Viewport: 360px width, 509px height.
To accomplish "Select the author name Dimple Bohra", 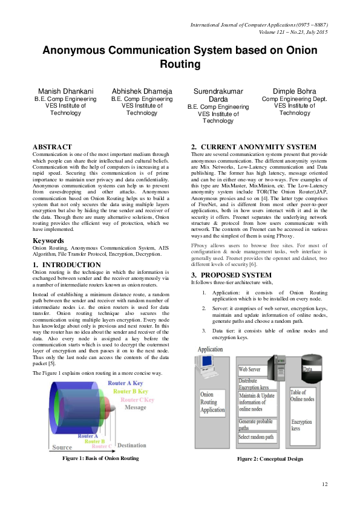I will [295, 91].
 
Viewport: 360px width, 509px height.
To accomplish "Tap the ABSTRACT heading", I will [52, 147].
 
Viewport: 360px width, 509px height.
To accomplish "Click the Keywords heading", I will [48, 241].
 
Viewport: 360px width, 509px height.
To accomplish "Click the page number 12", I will [324, 484].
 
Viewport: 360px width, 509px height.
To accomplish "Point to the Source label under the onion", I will [62, 447].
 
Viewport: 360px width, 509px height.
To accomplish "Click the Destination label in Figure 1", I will [131, 446].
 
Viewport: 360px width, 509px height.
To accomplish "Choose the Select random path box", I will [257, 437].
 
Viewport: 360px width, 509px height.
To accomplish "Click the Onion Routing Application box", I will [212, 402].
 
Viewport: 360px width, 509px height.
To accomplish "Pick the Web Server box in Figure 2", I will [250, 369].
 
